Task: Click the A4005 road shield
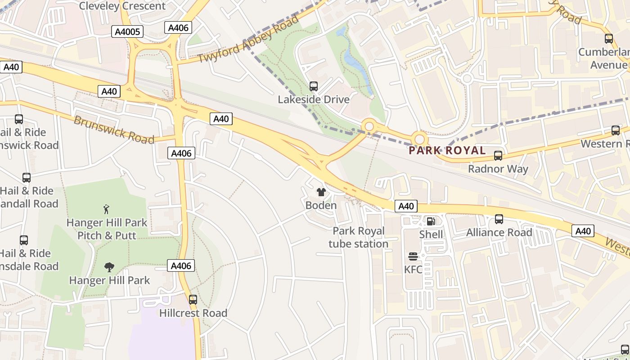tap(127, 31)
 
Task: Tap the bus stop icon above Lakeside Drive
tap(314, 86)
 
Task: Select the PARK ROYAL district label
tap(447, 150)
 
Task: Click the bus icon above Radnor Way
tap(498, 156)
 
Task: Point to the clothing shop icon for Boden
tap(321, 193)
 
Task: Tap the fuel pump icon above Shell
tap(431, 221)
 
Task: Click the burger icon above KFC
tap(413, 256)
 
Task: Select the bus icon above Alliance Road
tap(499, 219)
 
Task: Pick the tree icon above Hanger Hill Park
tap(109, 267)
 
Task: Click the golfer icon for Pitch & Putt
tap(106, 209)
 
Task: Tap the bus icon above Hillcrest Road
tap(193, 300)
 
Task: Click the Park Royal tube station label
tap(359, 238)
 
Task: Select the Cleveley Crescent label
tap(122, 6)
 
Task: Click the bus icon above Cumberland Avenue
tap(609, 39)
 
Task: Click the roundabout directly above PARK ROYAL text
tap(419, 139)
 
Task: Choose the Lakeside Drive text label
tap(314, 99)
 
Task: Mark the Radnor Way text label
tap(498, 169)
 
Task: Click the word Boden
tap(321, 206)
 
